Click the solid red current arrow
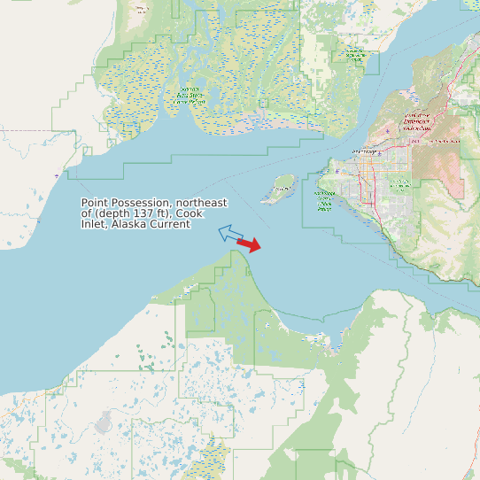tap(250, 244)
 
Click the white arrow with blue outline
tap(230, 234)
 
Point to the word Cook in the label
tap(190, 213)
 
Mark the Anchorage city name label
tap(364, 152)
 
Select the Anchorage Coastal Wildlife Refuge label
tap(325, 200)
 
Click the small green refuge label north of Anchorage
tap(356, 55)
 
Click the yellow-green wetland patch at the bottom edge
tap(211, 461)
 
